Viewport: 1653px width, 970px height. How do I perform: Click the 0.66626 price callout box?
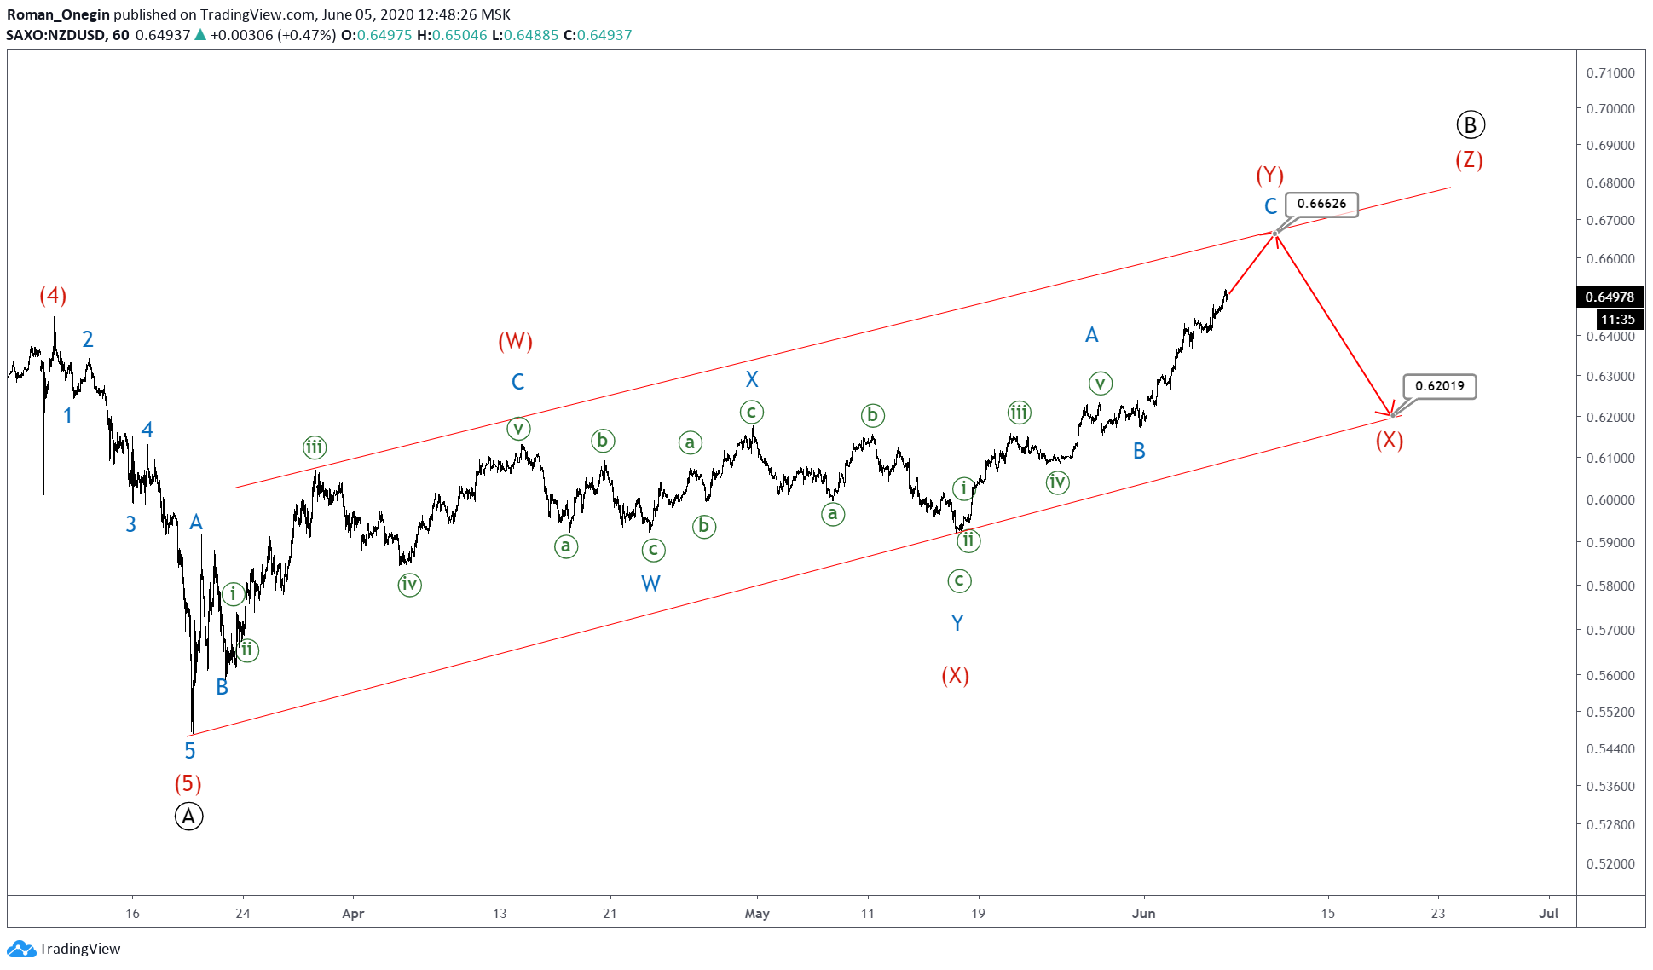[1321, 204]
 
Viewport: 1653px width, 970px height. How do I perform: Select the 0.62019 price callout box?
[1439, 386]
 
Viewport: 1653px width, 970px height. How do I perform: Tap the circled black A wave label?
[188, 817]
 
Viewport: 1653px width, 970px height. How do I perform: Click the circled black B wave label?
[1470, 125]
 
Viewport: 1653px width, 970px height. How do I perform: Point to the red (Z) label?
[1469, 160]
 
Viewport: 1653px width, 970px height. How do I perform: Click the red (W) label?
[515, 342]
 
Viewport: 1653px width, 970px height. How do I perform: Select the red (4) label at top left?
[53, 296]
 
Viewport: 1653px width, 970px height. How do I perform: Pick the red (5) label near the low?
[188, 783]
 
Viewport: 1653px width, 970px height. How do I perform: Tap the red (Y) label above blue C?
[1269, 176]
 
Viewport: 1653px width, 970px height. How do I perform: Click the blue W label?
[650, 584]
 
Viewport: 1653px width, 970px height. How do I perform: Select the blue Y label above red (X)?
[957, 623]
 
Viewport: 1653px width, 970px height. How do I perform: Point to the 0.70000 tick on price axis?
[1610, 109]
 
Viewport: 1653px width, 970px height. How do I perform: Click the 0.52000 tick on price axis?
[1610, 863]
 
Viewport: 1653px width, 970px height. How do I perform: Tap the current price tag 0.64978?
[1610, 297]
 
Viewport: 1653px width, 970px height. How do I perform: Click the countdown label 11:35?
[1617, 319]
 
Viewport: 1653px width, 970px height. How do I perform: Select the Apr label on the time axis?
[353, 914]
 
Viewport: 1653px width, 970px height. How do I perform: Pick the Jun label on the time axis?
[1143, 914]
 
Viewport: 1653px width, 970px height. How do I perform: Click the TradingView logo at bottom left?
[64, 949]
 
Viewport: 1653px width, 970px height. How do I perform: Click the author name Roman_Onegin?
[58, 14]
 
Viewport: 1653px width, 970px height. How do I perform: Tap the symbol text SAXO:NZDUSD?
[55, 35]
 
